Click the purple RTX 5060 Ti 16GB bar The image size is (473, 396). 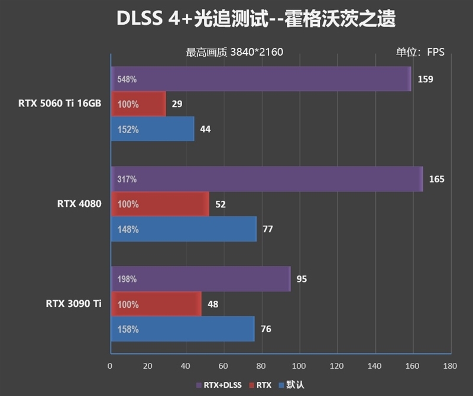click(260, 79)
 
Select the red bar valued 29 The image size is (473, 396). click(138, 104)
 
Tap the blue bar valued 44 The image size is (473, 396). click(152, 129)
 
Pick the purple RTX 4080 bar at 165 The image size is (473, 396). click(266, 179)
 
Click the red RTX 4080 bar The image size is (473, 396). click(160, 204)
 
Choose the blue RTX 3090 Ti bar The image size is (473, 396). click(182, 329)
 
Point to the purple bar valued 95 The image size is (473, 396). click(200, 279)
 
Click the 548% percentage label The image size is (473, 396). click(127, 79)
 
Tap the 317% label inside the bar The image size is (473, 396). click(127, 179)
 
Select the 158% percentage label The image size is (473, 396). click(128, 329)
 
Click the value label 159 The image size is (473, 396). click(425, 79)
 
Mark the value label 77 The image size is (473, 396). click(267, 229)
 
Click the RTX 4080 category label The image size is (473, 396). click(79, 204)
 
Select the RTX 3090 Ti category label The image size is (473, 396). click(73, 304)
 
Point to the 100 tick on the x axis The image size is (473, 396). click(299, 366)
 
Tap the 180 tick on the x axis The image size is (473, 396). click(451, 366)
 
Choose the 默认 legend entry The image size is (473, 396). click(294, 385)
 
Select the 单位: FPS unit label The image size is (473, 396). click(420, 52)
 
